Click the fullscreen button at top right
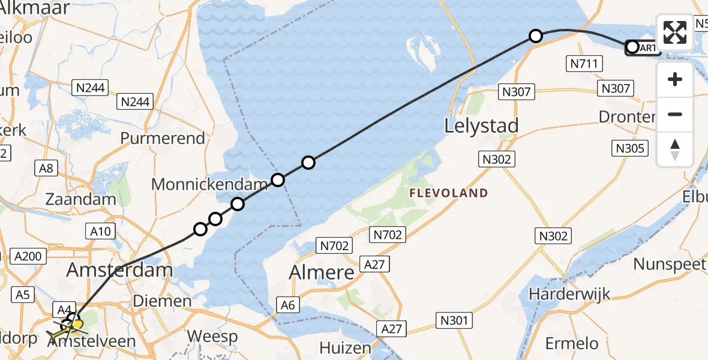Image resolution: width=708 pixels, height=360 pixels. [x=675, y=32]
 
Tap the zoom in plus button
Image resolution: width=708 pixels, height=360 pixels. [x=675, y=80]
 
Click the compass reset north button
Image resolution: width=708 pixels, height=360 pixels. [x=675, y=149]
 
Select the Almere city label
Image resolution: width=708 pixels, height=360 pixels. [x=322, y=272]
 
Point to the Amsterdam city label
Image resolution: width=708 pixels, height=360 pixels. [x=119, y=269]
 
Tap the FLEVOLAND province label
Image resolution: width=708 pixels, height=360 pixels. [x=448, y=193]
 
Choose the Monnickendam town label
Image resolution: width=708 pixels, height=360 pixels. [x=209, y=184]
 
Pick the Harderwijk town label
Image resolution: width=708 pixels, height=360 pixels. [x=570, y=294]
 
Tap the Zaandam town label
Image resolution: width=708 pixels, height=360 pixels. [x=81, y=199]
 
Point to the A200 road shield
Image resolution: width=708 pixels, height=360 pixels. [x=28, y=257]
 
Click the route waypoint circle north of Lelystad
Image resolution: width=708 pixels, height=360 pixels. [x=536, y=36]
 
